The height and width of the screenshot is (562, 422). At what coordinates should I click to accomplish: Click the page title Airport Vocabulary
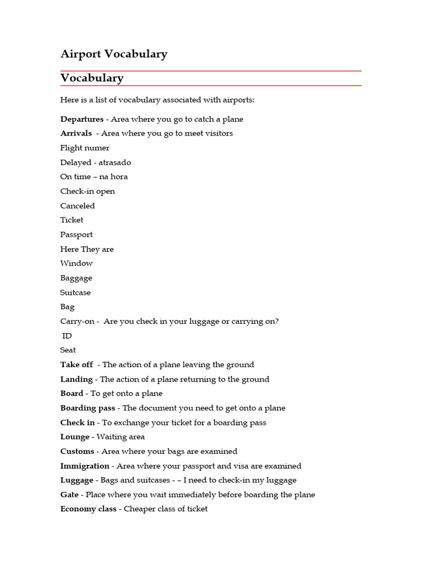pyautogui.click(x=114, y=54)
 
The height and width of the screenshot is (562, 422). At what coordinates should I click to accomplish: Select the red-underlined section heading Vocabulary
pyautogui.click(x=92, y=78)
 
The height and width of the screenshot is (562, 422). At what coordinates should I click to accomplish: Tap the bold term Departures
pyautogui.click(x=82, y=119)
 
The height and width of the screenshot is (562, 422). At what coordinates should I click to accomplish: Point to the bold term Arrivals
pyautogui.click(x=76, y=133)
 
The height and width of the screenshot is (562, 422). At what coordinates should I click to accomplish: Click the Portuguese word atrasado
pyautogui.click(x=115, y=162)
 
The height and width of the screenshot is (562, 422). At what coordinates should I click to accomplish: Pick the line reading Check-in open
pyautogui.click(x=87, y=192)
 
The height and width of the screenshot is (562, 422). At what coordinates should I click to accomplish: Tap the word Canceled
pyautogui.click(x=77, y=206)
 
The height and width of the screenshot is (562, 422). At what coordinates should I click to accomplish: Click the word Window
pyautogui.click(x=76, y=263)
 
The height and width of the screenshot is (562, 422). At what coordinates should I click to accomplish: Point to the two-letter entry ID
pyautogui.click(x=67, y=336)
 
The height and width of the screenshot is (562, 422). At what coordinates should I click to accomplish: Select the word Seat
pyautogui.click(x=68, y=350)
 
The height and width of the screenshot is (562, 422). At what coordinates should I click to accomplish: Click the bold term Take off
pyautogui.click(x=76, y=365)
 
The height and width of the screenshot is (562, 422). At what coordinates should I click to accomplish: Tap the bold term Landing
pyautogui.click(x=76, y=379)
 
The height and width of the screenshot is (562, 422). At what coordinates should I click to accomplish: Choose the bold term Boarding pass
pyautogui.click(x=88, y=408)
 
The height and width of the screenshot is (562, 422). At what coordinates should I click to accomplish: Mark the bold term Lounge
pyautogui.click(x=75, y=437)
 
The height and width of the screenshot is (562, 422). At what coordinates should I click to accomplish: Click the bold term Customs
pyautogui.click(x=77, y=452)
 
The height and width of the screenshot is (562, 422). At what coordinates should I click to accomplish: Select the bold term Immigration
pyautogui.click(x=85, y=466)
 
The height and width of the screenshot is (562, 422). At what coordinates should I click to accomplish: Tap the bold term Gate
pyautogui.click(x=69, y=494)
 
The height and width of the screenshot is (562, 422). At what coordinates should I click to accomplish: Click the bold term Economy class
pyautogui.click(x=88, y=509)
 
